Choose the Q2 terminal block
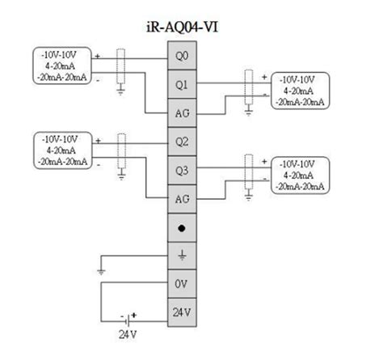[x=183, y=142]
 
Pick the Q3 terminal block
[x=183, y=170]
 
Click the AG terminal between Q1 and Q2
[x=183, y=114]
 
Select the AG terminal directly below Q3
[x=183, y=198]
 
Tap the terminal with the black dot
[x=183, y=227]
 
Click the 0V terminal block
[x=183, y=284]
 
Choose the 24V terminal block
[x=183, y=311]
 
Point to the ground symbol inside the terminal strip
[x=183, y=256]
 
